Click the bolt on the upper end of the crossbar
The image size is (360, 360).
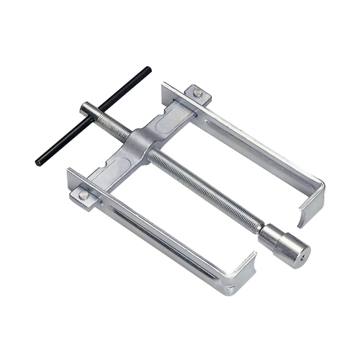point(197,93)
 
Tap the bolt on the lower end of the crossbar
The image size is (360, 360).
point(84,194)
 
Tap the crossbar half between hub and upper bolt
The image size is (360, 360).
point(173,115)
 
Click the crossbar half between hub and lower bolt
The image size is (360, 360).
point(112,169)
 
